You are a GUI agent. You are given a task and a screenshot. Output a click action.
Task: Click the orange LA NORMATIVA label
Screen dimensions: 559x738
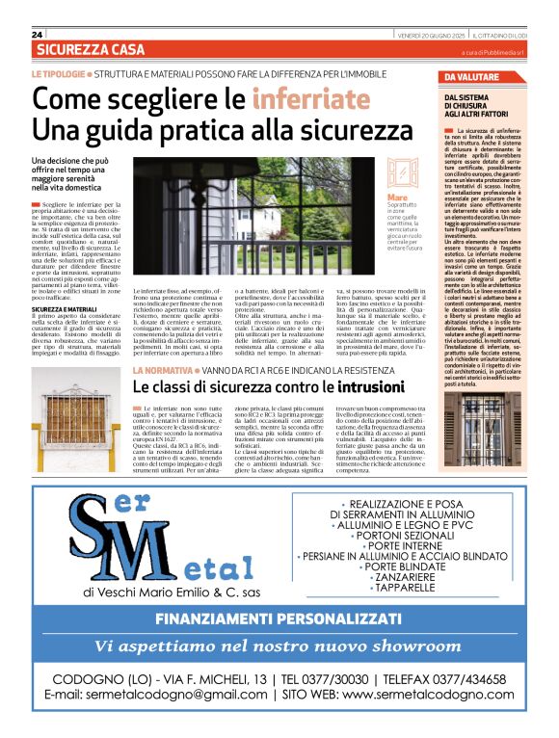click(x=164, y=370)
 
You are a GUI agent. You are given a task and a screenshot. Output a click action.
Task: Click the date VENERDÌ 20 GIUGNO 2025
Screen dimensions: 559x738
click(x=433, y=34)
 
